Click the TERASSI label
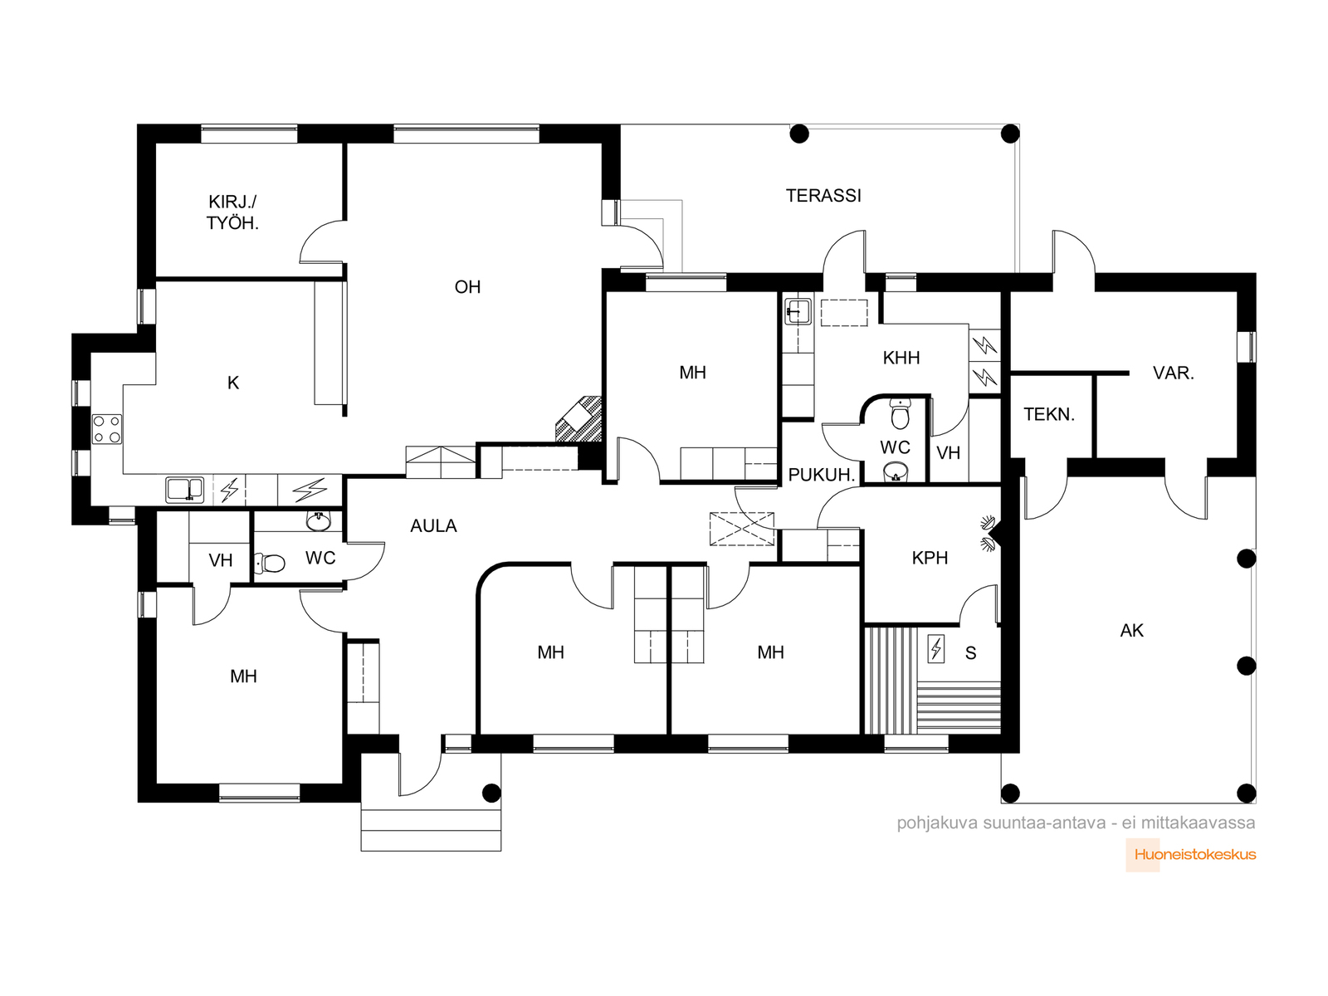[x=823, y=195]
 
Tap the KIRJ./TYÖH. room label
[x=233, y=212]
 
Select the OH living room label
[x=467, y=286]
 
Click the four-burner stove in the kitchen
[x=107, y=429]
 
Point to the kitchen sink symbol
[x=185, y=489]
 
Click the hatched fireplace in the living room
[x=579, y=418]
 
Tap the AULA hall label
[x=433, y=526]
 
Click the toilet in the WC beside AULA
[x=270, y=564]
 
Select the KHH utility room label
[x=901, y=358]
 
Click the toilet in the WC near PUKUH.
[x=901, y=413]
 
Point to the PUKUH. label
[x=822, y=476]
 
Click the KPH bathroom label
[x=930, y=558]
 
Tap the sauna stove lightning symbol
[x=936, y=649]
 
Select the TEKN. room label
[x=1048, y=414]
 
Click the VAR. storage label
[x=1173, y=373]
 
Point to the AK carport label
[x=1131, y=631]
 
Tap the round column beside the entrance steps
[x=491, y=792]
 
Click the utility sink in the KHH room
[x=798, y=310]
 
